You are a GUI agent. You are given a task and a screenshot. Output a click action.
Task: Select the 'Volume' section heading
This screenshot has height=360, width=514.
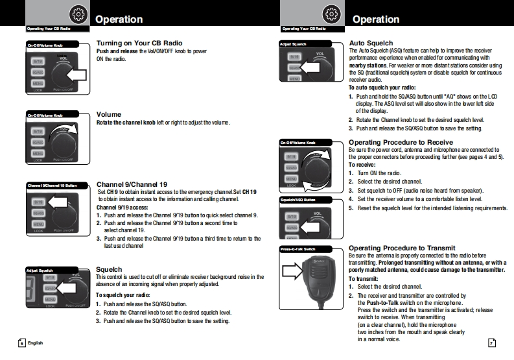pos(109,114)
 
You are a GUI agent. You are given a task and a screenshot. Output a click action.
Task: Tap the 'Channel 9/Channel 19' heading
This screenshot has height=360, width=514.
pos(132,184)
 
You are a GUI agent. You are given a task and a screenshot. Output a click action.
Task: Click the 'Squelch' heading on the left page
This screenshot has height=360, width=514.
pos(109,269)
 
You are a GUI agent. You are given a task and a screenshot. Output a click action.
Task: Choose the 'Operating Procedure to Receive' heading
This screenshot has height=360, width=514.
pos(401,141)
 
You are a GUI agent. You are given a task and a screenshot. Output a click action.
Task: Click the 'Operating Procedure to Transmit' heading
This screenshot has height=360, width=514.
pos(402,248)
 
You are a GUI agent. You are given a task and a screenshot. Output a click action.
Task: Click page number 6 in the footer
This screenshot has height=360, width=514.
pos(21,342)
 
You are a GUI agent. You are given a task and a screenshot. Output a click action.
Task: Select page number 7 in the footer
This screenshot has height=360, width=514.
pos(491,342)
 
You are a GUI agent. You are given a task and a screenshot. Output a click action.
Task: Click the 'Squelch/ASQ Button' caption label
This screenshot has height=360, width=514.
pos(298,200)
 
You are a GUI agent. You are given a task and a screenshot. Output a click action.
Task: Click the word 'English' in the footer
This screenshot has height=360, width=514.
pos(35,342)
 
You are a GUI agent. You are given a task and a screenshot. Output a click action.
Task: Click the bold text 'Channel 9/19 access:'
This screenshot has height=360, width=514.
pos(122,208)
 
